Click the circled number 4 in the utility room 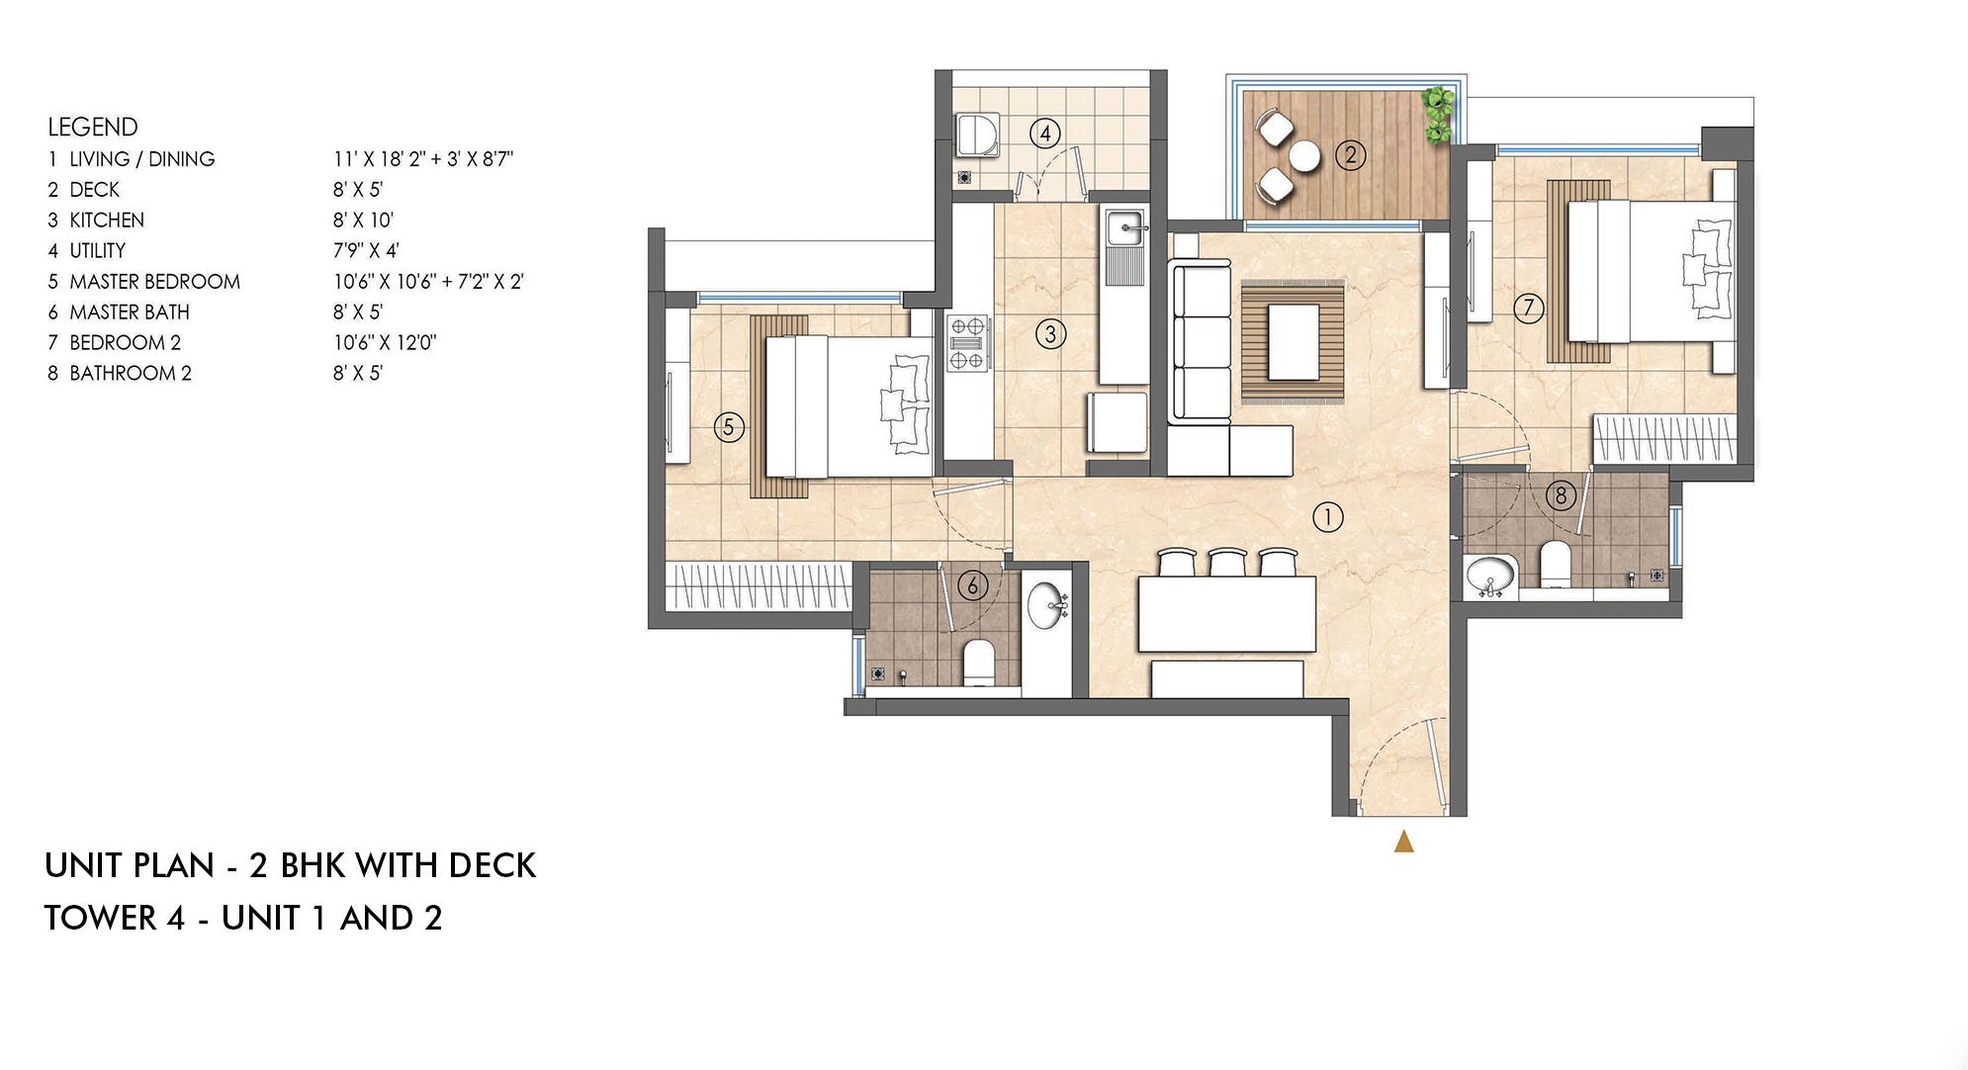1045,133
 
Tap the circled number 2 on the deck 1350,154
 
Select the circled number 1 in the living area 1327,516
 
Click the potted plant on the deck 1438,113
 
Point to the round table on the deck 1303,156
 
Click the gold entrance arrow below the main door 1403,842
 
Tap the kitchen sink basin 1125,228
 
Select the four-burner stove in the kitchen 967,342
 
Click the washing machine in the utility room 978,134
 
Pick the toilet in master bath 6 979,663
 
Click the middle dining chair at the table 1227,563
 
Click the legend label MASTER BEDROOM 154,281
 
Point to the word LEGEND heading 93,127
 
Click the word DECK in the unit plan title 492,865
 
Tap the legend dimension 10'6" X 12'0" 385,342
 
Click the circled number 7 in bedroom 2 1528,308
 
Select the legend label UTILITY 97,250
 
